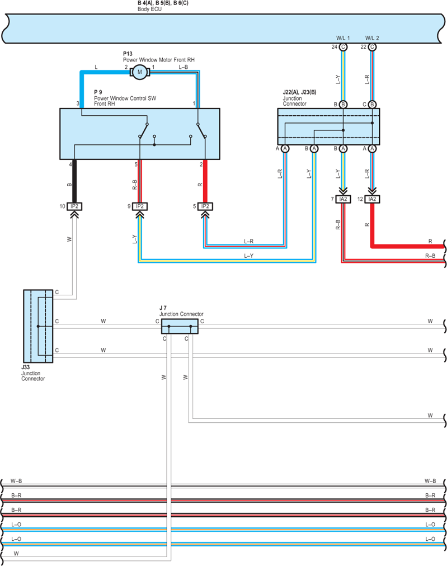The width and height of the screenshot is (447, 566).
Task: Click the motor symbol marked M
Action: (x=140, y=72)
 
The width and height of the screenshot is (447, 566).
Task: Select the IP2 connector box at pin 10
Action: (x=74, y=206)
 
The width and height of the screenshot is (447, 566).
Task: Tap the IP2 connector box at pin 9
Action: (x=140, y=206)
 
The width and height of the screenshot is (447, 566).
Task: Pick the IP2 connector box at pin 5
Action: (x=205, y=206)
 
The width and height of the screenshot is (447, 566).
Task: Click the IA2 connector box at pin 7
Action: (x=343, y=199)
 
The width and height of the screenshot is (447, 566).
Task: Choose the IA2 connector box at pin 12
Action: (x=372, y=199)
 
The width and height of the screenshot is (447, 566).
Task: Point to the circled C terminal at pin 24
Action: (x=343, y=47)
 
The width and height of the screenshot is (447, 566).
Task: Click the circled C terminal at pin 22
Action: (x=372, y=47)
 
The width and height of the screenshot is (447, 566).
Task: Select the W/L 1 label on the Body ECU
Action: (x=343, y=38)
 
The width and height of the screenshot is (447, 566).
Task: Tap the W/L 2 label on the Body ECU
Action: (x=372, y=38)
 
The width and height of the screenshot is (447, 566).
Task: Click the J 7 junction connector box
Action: (x=180, y=326)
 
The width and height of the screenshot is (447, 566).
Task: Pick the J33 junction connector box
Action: (x=38, y=326)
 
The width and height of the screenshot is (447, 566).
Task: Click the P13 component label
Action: (x=128, y=54)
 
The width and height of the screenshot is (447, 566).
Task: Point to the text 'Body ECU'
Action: (x=149, y=9)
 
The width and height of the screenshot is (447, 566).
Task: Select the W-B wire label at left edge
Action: (x=16, y=481)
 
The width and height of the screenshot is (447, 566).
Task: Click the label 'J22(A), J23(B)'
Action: (x=299, y=92)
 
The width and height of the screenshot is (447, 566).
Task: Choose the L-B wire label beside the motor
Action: (x=183, y=67)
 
